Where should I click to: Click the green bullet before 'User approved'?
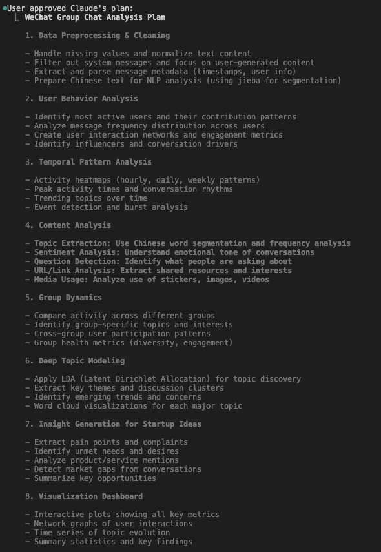click(4, 8)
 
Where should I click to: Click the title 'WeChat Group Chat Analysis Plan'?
click(95, 17)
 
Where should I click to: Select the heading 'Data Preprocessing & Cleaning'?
click(104, 36)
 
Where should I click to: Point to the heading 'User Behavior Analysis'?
click(88, 99)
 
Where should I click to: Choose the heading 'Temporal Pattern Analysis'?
click(95, 162)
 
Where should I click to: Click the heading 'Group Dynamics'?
click(70, 298)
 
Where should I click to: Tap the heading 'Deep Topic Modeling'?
click(82, 361)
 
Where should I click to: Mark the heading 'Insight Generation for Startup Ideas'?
click(119, 424)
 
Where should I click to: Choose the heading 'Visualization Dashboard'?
click(90, 496)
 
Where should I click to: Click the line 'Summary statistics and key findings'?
click(113, 542)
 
